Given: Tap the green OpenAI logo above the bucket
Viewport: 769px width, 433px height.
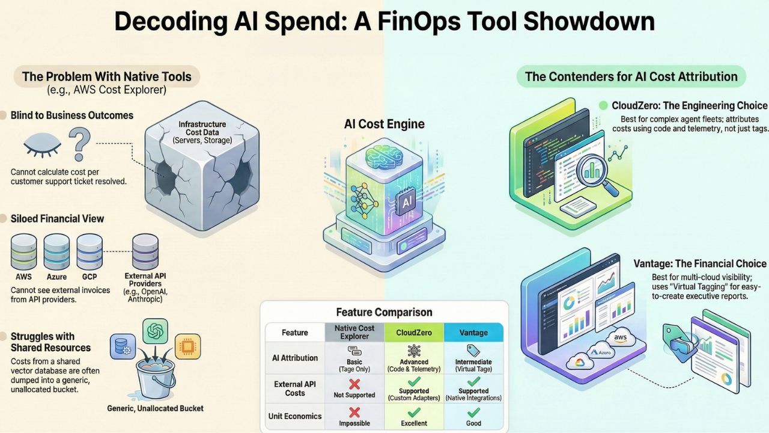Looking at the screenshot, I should pyautogui.click(x=155, y=331).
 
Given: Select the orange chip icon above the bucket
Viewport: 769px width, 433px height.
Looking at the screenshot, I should pyautogui.click(x=187, y=347).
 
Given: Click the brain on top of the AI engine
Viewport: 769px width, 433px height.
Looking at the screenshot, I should pyautogui.click(x=383, y=157).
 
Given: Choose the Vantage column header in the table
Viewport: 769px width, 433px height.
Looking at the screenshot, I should pyautogui.click(x=474, y=332).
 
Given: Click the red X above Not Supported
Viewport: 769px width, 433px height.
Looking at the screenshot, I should pyautogui.click(x=354, y=383).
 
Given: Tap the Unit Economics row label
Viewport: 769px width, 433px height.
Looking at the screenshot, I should pyautogui.click(x=295, y=416).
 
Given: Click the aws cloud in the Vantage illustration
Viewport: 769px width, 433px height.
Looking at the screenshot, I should pyautogui.click(x=619, y=339).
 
